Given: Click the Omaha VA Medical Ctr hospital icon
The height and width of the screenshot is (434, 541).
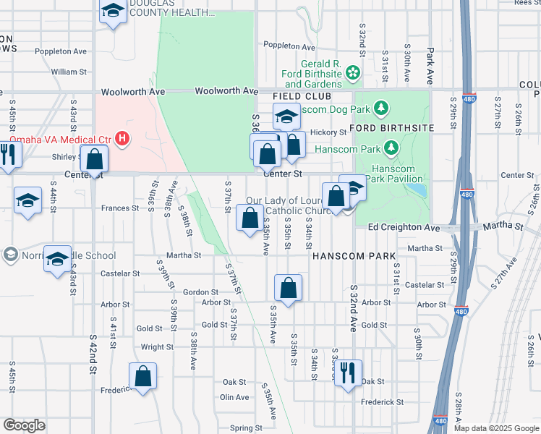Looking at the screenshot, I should pyautogui.click(x=124, y=137).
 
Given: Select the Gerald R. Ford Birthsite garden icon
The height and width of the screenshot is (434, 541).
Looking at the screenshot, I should pyautogui.click(x=352, y=72).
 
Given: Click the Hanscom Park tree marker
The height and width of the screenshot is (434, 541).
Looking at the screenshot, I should pyautogui.click(x=391, y=148).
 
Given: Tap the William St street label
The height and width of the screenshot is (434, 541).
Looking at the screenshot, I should pyautogui.click(x=69, y=72).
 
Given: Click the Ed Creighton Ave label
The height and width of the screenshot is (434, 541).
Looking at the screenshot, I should pyautogui.click(x=404, y=227).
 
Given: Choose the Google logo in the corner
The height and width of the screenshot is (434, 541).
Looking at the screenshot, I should pyautogui.click(x=24, y=425).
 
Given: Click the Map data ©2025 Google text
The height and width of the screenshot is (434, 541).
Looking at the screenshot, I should pyautogui.click(x=496, y=428).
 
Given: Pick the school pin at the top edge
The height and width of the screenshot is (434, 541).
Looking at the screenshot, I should pyautogui.click(x=112, y=10).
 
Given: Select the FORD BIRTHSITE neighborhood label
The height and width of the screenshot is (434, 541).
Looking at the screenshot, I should pyautogui.click(x=391, y=128).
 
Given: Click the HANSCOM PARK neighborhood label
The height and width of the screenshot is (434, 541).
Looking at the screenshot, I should pyautogui.click(x=354, y=256).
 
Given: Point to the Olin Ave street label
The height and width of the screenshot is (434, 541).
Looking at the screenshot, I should pyautogui.click(x=234, y=397).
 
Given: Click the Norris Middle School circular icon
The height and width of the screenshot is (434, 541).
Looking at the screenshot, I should pyautogui.click(x=10, y=255).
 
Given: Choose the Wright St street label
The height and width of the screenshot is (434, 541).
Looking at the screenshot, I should pyautogui.click(x=157, y=347).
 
